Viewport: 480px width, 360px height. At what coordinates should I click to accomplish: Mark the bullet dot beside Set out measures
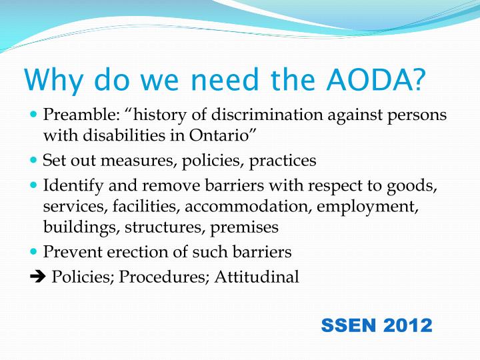tap(35, 161)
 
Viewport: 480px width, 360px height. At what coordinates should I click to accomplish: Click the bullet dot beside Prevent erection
tap(35, 252)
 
